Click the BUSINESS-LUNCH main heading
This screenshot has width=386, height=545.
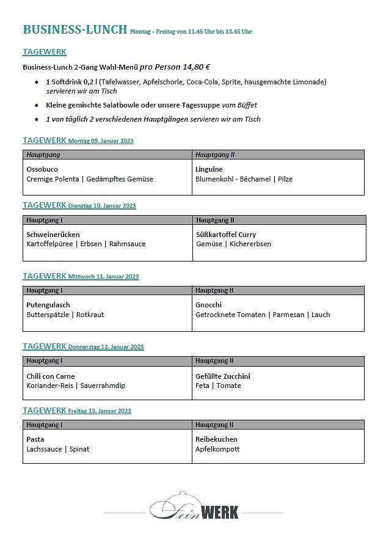[x=75, y=29]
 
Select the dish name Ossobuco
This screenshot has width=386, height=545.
[x=42, y=169]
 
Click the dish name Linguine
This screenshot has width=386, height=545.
[x=209, y=169]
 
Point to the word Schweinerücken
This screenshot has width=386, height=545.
[x=53, y=235]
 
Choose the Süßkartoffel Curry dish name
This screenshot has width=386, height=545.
[x=226, y=235]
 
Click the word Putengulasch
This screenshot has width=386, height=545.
[x=48, y=305]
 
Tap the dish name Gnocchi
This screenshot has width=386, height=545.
[x=208, y=305]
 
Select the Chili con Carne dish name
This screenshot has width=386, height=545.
[x=51, y=376]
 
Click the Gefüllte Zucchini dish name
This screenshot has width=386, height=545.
[x=223, y=376]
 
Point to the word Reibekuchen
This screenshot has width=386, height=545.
[x=216, y=439]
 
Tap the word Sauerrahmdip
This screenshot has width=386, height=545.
[x=103, y=386]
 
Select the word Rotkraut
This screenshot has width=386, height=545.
[x=90, y=315]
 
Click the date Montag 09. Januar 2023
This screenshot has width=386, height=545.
[x=101, y=141]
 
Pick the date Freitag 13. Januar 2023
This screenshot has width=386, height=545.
[x=100, y=411]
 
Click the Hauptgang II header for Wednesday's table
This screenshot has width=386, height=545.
[x=214, y=290]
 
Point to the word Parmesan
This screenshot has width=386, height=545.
[x=288, y=315]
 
